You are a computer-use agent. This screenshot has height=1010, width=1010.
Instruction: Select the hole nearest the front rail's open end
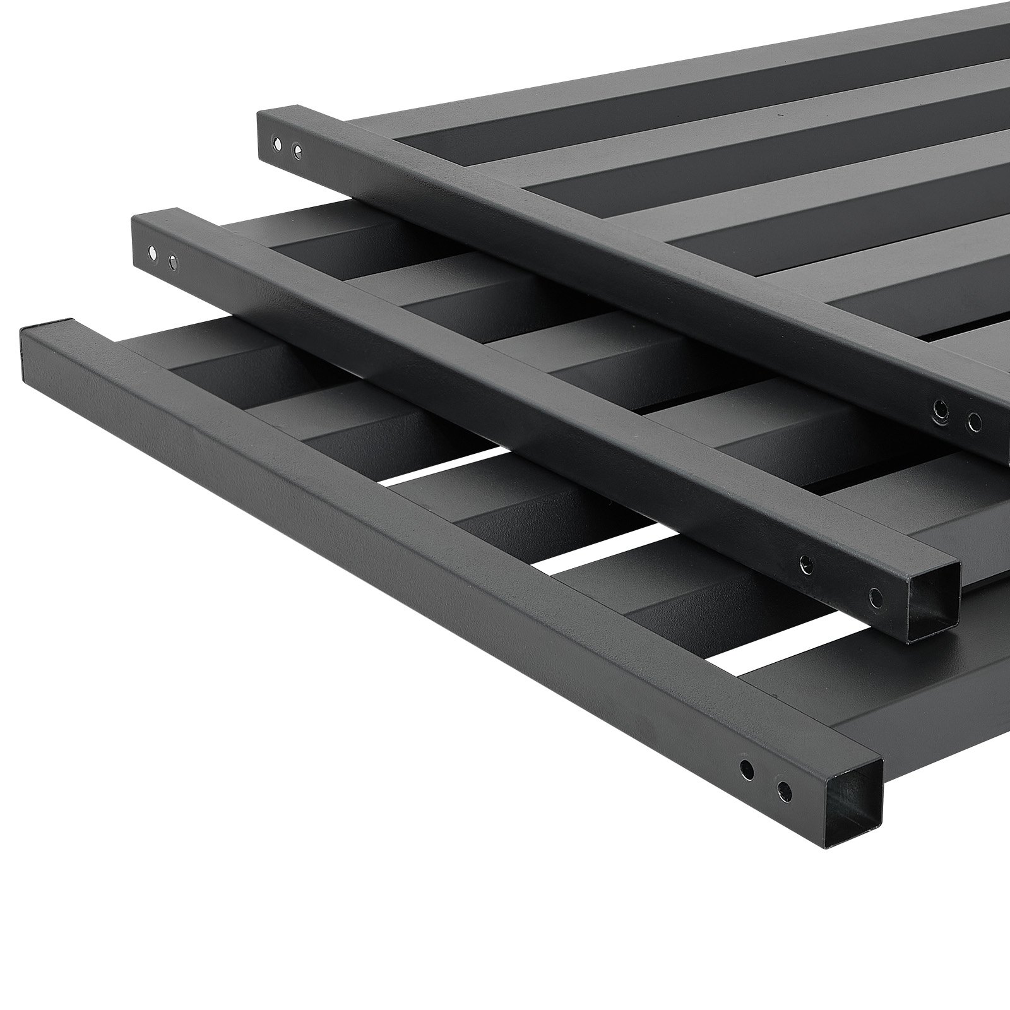(x=784, y=788)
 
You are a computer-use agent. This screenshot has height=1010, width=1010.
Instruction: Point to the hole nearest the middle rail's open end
(x=876, y=594)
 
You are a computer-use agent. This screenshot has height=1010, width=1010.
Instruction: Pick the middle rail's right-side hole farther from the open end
(x=805, y=561)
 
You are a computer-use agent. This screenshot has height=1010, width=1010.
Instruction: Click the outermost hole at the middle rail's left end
(x=151, y=253)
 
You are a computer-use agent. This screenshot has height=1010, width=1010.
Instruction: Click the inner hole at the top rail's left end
(x=297, y=151)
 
